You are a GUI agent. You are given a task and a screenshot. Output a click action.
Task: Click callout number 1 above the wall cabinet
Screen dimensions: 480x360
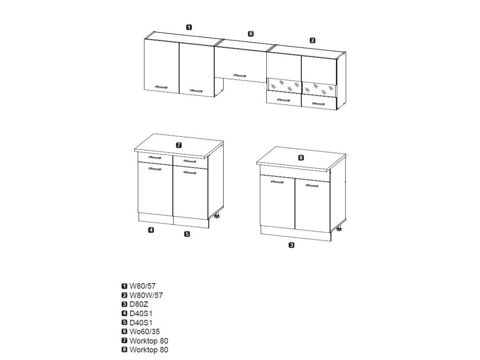click(x=188, y=27)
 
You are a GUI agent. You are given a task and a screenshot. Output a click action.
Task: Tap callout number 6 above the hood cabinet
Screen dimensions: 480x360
click(x=251, y=33)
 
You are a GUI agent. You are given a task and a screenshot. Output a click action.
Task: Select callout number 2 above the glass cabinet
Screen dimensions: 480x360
click(x=313, y=40)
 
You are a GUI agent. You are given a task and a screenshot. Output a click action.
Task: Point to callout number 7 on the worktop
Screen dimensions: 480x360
click(x=179, y=145)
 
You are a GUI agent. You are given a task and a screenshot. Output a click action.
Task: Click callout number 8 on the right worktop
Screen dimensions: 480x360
click(x=301, y=157)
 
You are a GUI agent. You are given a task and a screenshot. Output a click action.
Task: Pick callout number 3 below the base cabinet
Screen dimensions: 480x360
click(x=292, y=245)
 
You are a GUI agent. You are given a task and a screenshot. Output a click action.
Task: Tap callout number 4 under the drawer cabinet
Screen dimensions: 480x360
click(x=151, y=230)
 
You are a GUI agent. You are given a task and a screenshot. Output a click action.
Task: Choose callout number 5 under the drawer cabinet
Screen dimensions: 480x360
click(x=187, y=234)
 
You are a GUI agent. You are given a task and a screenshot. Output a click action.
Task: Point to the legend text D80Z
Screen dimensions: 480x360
click(x=140, y=304)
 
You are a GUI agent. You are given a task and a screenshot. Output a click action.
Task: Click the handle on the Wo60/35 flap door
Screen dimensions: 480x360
click(x=240, y=75)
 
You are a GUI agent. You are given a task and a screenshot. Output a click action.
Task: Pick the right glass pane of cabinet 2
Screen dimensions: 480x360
click(x=319, y=90)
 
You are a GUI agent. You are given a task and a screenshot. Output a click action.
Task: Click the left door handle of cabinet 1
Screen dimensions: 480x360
click(x=161, y=87)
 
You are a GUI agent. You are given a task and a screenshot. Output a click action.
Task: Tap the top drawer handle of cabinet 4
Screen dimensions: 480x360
click(x=154, y=157)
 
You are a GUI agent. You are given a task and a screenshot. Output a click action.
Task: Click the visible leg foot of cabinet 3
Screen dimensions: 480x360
click(x=338, y=230)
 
